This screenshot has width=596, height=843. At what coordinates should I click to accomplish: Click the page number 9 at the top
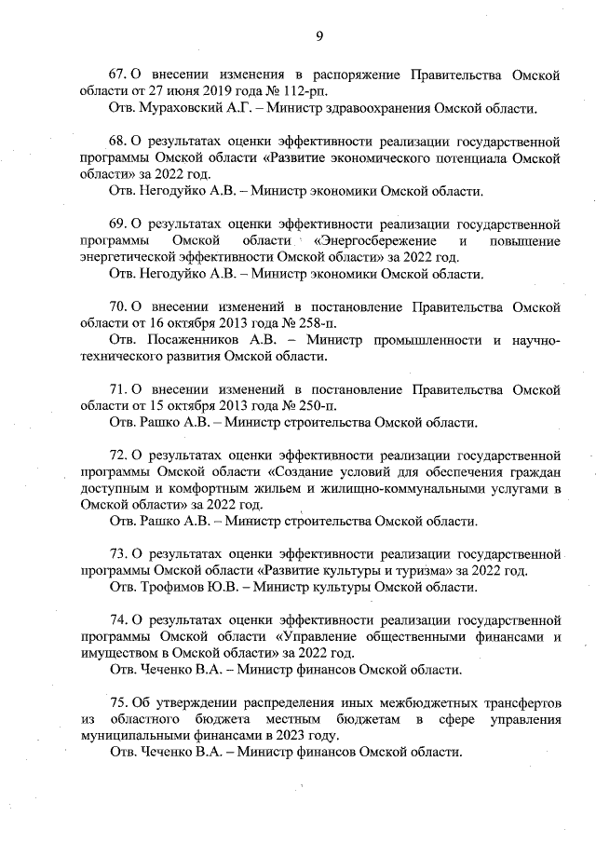[319, 36]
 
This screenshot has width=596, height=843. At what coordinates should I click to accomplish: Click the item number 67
[118, 75]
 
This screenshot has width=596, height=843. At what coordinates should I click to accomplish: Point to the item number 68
[118, 143]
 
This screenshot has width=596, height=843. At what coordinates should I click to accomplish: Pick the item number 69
[118, 224]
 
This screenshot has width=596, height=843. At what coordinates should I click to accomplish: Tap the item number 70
[118, 306]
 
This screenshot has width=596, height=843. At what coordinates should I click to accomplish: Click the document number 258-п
[313, 323]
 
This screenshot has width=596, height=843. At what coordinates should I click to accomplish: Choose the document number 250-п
[313, 406]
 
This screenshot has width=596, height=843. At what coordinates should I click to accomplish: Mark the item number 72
[118, 455]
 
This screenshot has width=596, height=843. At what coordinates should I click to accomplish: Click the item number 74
[118, 620]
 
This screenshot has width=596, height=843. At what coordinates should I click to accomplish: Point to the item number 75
[118, 702]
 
